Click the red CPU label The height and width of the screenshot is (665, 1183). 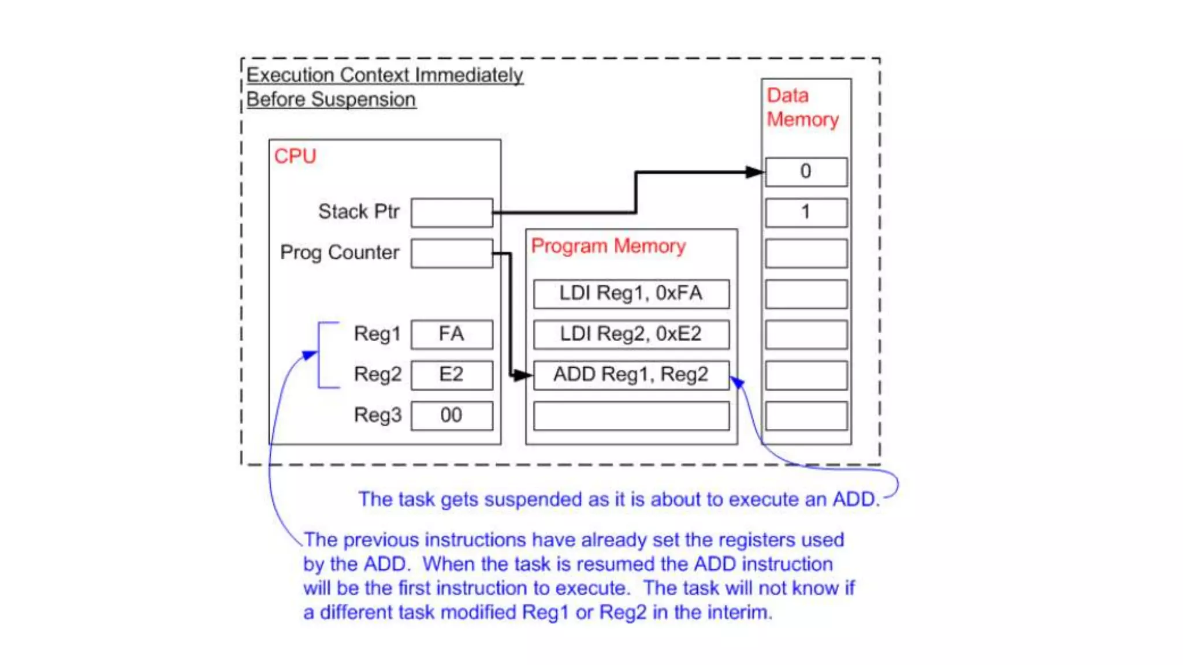295,156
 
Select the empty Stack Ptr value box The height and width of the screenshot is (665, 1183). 452,212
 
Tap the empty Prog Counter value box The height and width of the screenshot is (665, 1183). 452,253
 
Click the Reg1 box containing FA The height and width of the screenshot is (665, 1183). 452,334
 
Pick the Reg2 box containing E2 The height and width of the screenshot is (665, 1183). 452,375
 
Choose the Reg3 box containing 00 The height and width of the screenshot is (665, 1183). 452,416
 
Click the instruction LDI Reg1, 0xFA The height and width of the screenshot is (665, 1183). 631,294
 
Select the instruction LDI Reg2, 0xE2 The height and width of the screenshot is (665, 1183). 631,334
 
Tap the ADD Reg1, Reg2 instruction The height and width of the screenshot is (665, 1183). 631,375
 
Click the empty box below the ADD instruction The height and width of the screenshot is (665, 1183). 631,416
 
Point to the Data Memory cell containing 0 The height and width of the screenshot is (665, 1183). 806,171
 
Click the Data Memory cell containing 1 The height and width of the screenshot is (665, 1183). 806,212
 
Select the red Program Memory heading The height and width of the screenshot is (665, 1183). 608,246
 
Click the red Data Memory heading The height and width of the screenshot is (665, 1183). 802,107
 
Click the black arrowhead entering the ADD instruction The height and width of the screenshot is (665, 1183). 522,376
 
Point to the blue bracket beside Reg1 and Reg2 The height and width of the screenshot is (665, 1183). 321,354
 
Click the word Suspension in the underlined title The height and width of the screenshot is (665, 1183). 363,100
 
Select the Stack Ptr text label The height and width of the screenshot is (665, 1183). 358,212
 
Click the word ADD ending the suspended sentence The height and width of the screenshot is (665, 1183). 855,499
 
